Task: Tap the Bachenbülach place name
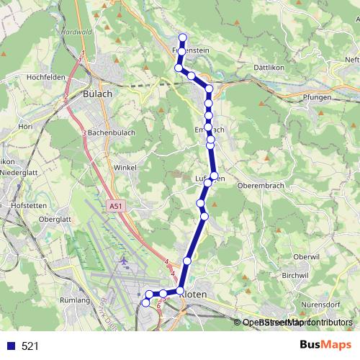tap(113, 133)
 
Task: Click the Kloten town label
tap(195, 294)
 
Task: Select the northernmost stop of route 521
tap(183, 37)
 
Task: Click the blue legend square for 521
tap(10, 346)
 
